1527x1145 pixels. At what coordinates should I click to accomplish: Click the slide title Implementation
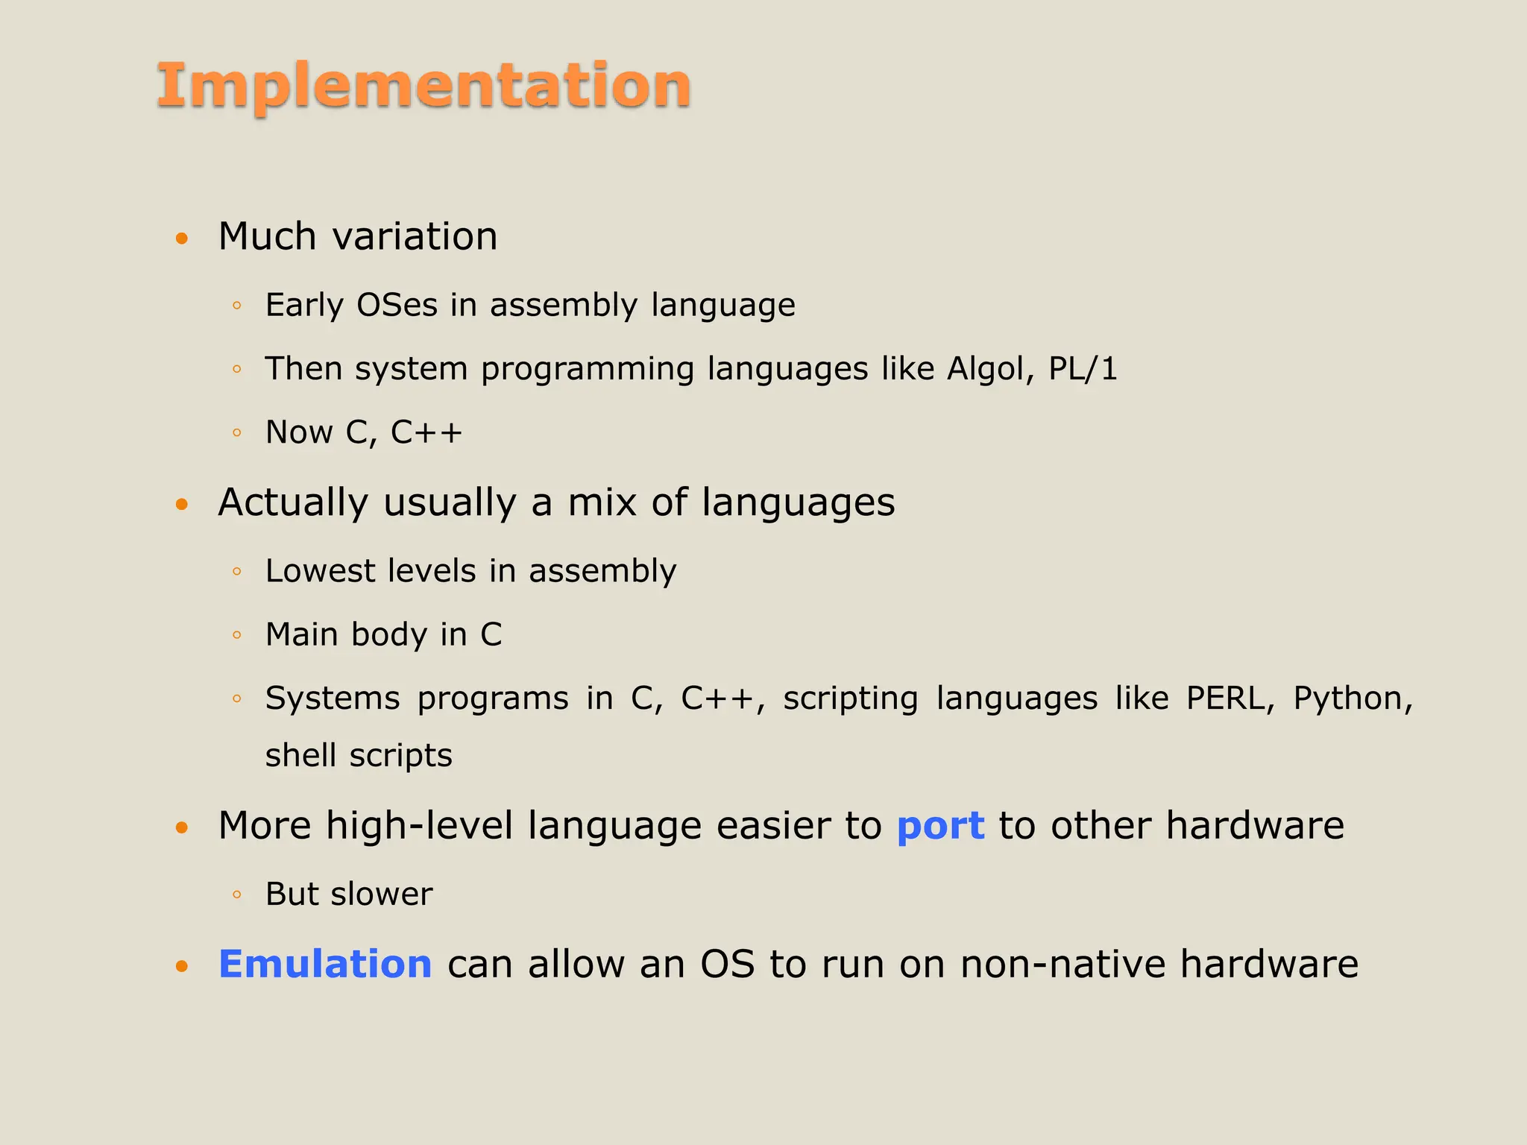tap(424, 86)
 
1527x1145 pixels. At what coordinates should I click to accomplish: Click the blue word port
tap(940, 826)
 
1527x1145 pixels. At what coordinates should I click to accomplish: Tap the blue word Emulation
tap(325, 964)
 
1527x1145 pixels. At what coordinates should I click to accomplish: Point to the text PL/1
tap(1083, 369)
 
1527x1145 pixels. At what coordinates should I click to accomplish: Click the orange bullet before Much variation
tap(182, 239)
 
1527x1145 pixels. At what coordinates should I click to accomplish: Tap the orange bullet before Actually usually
tap(182, 505)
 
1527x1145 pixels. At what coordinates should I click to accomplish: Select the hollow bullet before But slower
tap(237, 895)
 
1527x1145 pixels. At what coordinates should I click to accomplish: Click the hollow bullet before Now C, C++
tap(237, 432)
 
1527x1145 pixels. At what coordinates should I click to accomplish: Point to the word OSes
tap(397, 305)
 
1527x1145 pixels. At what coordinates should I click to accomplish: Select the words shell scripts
tap(359, 755)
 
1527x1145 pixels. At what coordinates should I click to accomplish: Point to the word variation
tap(415, 236)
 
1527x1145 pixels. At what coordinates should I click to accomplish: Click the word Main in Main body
tap(301, 634)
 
